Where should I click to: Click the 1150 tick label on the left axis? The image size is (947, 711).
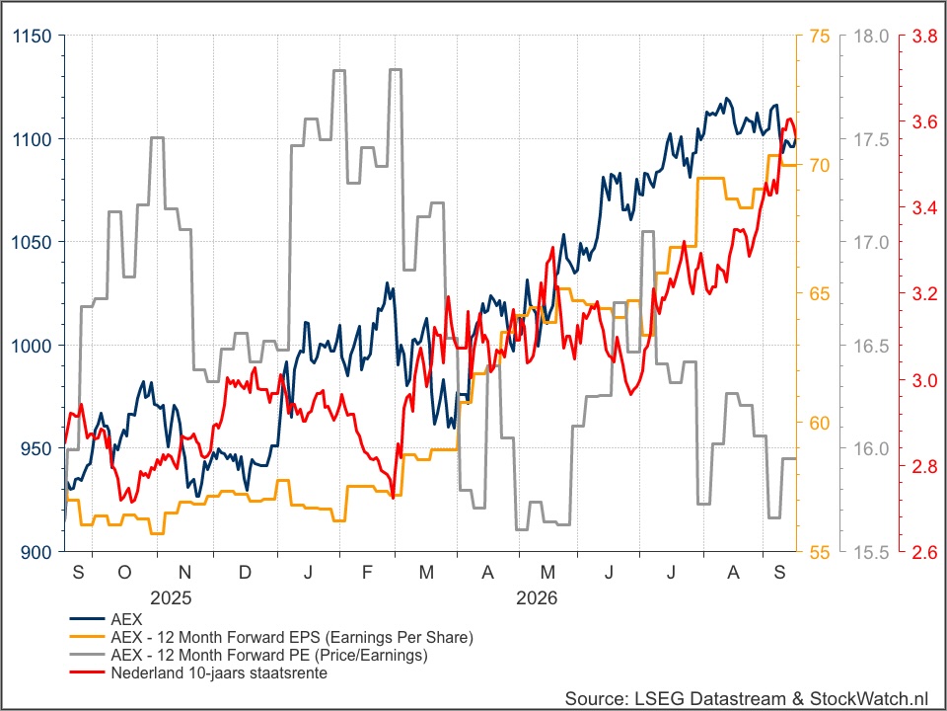(x=32, y=37)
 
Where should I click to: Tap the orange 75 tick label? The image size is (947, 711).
(x=820, y=37)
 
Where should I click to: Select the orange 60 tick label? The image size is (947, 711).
(x=820, y=424)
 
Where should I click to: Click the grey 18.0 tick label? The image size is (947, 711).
(x=871, y=37)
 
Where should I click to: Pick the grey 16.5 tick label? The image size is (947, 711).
(x=871, y=346)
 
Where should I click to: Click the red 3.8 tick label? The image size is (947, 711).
(x=924, y=37)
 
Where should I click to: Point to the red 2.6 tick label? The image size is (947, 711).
(x=924, y=552)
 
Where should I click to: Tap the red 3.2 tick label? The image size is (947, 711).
(x=924, y=294)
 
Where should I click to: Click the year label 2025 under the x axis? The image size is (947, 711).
(x=171, y=598)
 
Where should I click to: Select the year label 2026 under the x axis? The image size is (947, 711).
(x=537, y=598)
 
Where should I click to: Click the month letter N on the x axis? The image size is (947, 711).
(x=184, y=572)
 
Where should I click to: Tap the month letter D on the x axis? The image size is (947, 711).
(x=245, y=572)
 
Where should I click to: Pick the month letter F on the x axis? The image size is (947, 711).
(x=367, y=572)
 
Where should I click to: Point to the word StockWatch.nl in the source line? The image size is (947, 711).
(x=869, y=698)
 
